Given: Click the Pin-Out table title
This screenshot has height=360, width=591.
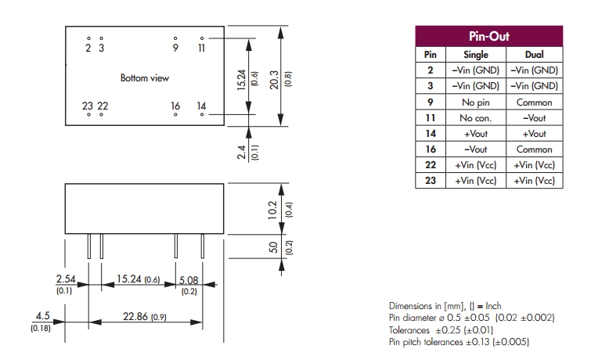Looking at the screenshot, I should point(489,37).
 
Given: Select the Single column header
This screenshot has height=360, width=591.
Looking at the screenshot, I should point(476,55).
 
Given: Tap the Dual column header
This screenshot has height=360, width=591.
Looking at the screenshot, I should point(535,55).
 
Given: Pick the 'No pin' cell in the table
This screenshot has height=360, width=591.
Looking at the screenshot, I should point(476,103).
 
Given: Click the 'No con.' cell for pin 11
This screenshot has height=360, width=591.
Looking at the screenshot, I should point(476,118).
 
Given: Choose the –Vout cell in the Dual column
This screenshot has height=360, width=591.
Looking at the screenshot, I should point(535,118).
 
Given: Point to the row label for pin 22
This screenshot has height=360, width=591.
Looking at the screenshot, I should point(430,165).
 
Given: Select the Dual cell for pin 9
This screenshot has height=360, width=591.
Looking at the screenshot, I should point(535,103).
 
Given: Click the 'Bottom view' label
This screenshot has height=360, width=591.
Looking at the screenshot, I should point(144,78).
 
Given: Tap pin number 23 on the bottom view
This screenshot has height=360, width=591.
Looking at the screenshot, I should point(88,106).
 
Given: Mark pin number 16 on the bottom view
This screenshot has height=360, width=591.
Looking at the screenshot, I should point(175,106).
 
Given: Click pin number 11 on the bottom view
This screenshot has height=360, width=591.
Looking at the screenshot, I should point(201,48).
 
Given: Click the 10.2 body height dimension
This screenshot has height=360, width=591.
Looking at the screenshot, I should point(272,209).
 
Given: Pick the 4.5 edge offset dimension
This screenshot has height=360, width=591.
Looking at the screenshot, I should point(41,317).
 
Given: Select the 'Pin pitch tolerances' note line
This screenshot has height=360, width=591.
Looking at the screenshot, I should point(463,342).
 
